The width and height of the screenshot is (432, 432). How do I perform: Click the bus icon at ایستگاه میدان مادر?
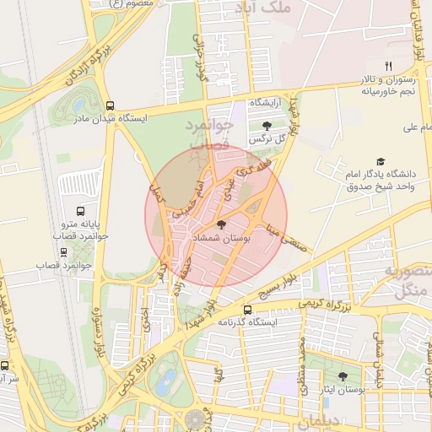click(111, 105)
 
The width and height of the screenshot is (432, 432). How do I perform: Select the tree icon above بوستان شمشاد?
click(221, 225)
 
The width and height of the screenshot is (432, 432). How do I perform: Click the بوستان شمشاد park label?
click(220, 240)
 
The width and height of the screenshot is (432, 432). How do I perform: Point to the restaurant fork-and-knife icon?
click(388, 65)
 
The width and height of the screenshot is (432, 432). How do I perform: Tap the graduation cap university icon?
click(381, 160)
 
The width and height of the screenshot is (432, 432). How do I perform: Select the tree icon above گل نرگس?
click(267, 126)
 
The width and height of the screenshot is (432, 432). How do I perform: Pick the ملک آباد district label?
click(288, 8)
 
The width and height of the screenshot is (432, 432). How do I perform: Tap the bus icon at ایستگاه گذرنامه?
click(246, 309)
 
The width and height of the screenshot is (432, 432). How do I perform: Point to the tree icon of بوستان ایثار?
click(343, 376)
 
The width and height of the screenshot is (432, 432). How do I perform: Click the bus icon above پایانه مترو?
click(80, 212)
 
